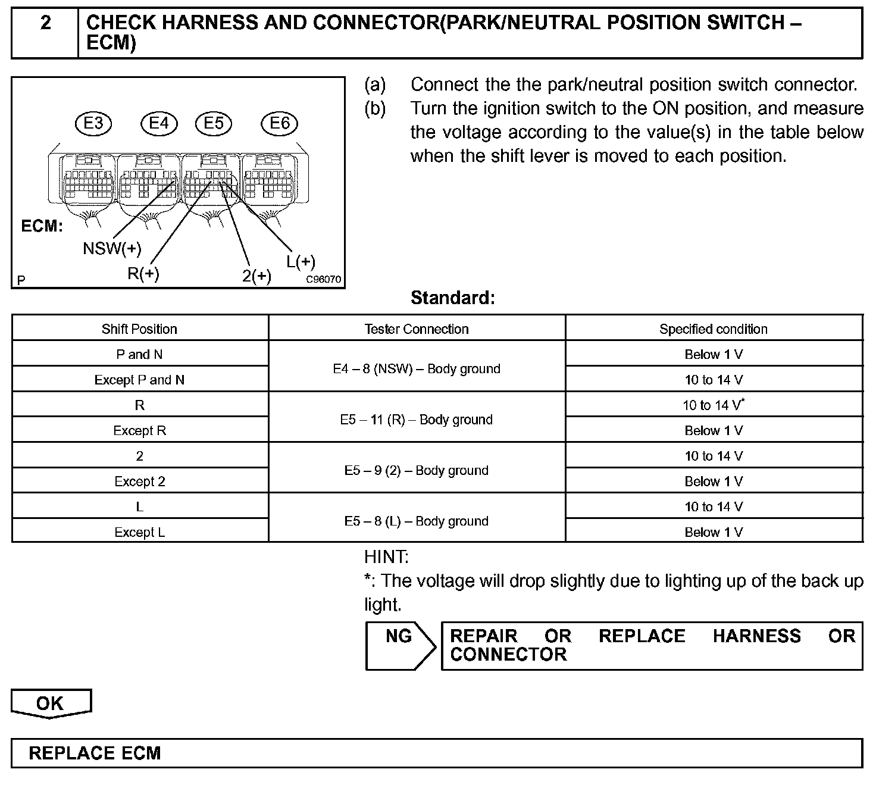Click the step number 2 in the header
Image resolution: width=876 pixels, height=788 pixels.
click(x=45, y=23)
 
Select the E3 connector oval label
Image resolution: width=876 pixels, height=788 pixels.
click(x=93, y=123)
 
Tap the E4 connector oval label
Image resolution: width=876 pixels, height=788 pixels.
click(x=159, y=123)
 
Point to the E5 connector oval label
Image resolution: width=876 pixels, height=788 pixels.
click(x=214, y=123)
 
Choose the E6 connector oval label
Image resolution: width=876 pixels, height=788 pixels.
click(x=279, y=123)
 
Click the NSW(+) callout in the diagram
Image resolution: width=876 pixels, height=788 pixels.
click(x=112, y=248)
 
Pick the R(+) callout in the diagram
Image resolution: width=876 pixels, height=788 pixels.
click(x=143, y=273)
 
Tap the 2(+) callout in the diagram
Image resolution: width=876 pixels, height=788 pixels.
click(x=256, y=276)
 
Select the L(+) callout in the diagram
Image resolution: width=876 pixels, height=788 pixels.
click(x=301, y=261)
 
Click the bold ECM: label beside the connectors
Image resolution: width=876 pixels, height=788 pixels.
click(x=42, y=226)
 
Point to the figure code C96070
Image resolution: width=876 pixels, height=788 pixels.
click(x=324, y=279)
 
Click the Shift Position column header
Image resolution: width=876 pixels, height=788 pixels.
click(x=139, y=329)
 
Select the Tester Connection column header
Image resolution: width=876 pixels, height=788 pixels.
click(x=417, y=329)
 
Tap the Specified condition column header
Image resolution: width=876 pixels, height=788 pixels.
click(x=714, y=329)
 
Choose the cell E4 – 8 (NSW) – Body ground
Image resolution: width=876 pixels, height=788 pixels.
click(x=417, y=369)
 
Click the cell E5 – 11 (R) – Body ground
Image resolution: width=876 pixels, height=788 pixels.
click(x=417, y=420)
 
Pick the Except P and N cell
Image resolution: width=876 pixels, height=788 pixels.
click(x=139, y=380)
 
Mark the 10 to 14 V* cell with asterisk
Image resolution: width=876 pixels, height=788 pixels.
click(x=714, y=405)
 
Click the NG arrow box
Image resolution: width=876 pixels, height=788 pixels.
click(x=399, y=645)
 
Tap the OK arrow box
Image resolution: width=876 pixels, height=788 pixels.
click(x=51, y=703)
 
